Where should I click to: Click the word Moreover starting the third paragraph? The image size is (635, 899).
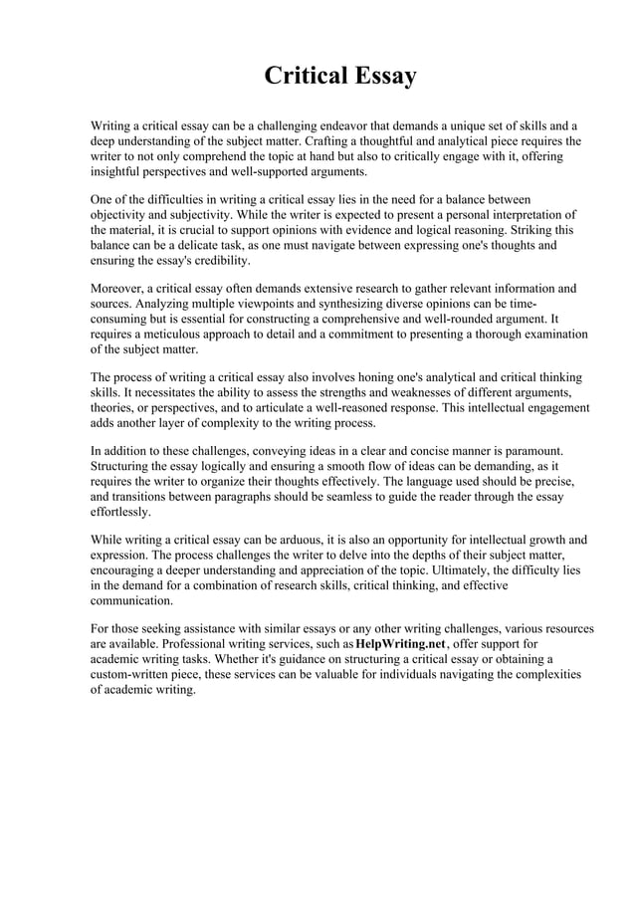coord(117,289)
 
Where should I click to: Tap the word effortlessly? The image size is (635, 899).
coord(120,511)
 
